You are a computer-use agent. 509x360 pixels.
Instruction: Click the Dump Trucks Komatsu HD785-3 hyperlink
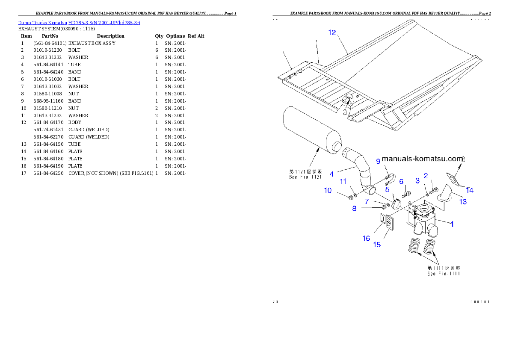[x=79, y=22]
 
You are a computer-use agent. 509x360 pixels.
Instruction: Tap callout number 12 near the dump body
[x=332, y=33]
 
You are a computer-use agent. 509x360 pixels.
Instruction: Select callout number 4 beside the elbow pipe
[x=331, y=174]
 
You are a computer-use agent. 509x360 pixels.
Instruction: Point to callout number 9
[x=378, y=161]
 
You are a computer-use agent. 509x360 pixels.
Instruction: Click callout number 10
[x=328, y=190]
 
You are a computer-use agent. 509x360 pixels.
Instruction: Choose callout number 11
[x=343, y=182]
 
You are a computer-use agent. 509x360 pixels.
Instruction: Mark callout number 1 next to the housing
[x=452, y=223]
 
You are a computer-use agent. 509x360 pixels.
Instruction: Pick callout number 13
[x=463, y=201]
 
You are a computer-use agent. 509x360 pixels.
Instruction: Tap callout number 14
[x=470, y=190]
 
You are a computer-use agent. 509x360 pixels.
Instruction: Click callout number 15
[x=377, y=245]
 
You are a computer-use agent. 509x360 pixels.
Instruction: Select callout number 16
[x=366, y=239]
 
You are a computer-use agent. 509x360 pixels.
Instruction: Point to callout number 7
[x=367, y=201]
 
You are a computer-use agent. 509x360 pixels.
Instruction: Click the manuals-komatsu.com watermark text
[x=422, y=159]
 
